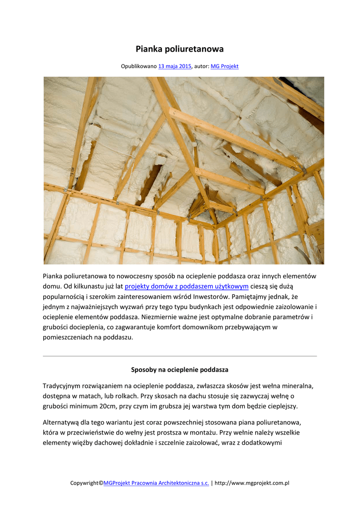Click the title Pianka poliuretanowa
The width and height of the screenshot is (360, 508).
[x=180, y=49]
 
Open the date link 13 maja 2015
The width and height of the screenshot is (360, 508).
[x=175, y=66]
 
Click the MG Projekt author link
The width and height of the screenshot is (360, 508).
[x=224, y=66]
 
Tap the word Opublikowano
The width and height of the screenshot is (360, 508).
[x=139, y=66]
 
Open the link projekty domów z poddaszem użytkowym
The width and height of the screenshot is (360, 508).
[x=186, y=286]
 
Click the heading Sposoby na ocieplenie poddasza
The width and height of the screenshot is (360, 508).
[x=180, y=370]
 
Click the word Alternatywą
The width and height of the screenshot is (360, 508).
[x=62, y=422]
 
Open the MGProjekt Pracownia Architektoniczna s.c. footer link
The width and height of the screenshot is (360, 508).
[x=156, y=483]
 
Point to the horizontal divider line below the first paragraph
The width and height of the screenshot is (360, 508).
[x=180, y=356]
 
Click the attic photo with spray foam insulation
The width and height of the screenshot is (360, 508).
[x=184, y=170]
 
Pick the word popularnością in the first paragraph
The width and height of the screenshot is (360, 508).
[x=66, y=297]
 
